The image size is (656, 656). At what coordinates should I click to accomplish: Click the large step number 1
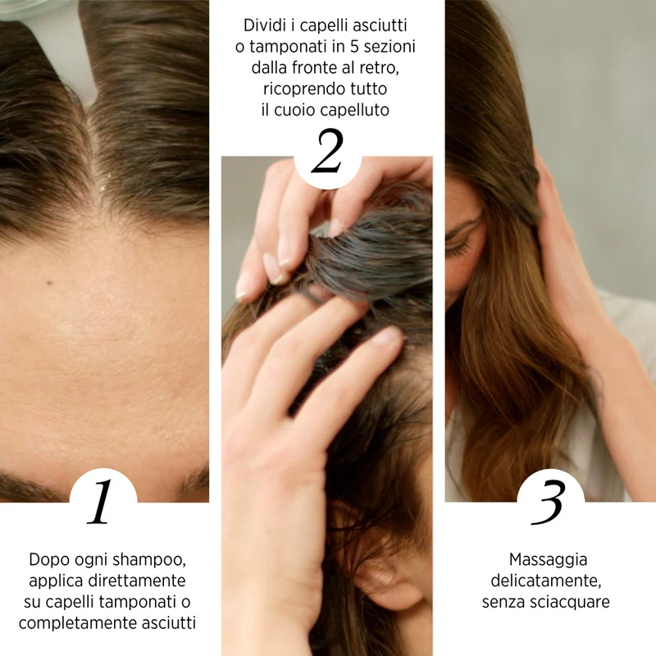click(101, 502)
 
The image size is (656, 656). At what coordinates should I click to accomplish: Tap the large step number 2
click(327, 152)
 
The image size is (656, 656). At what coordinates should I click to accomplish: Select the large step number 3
click(549, 502)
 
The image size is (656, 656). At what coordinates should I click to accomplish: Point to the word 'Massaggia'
click(548, 560)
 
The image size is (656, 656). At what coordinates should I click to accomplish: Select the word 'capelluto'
click(355, 111)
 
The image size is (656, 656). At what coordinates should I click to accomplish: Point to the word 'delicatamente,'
click(546, 581)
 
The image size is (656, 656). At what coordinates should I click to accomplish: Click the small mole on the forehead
click(49, 283)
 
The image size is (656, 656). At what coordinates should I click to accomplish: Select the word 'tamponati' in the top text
click(289, 47)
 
